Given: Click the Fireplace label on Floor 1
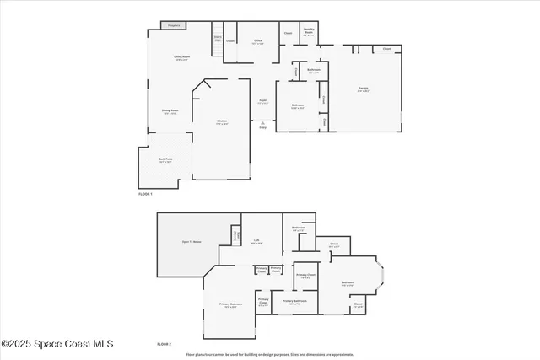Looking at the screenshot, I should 175,26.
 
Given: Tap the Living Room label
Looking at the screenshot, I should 181,58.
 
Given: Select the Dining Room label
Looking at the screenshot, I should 170,111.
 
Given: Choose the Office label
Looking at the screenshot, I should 258,41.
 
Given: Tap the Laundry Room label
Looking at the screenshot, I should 308,34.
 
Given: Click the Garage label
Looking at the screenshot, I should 362,90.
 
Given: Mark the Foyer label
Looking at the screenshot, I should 262,101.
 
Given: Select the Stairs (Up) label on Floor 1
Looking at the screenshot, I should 217,39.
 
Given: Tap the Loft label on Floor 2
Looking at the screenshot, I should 255,241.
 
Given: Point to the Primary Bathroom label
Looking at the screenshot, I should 294,301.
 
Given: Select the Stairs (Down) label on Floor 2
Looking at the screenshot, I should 237,235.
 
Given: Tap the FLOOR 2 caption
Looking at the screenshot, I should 164,344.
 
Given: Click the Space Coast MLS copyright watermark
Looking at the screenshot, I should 57,344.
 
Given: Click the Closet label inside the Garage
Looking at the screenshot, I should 386,49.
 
